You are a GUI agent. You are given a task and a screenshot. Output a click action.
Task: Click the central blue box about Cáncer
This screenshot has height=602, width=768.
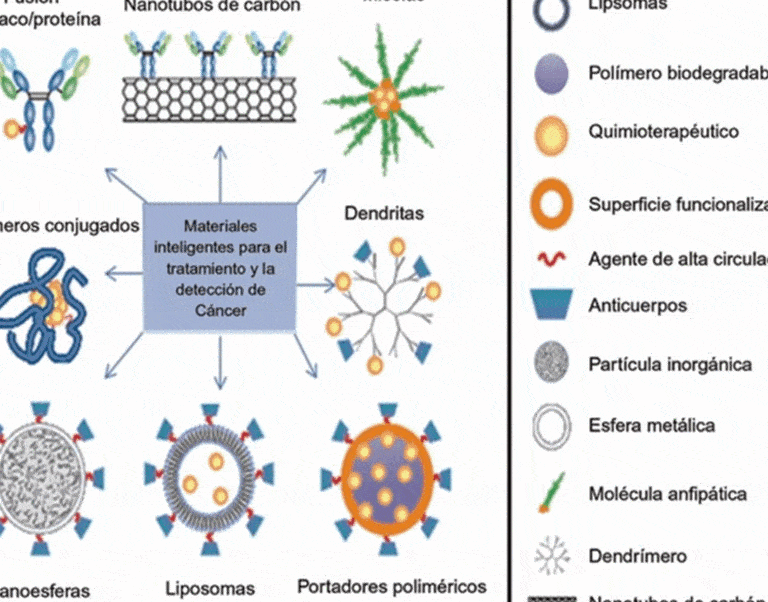coord(220,267)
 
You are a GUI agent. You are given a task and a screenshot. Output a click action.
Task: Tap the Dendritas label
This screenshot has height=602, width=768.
coord(384,213)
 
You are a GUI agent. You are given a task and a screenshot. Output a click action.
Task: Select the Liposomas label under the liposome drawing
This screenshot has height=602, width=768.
coord(210,589)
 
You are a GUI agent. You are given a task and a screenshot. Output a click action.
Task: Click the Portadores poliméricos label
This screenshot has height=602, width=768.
coord(392,587)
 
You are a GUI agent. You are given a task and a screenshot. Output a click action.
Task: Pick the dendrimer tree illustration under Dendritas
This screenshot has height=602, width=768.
coord(382,298)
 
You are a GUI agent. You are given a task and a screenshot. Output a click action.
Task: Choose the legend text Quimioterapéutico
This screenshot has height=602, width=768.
coord(663,131)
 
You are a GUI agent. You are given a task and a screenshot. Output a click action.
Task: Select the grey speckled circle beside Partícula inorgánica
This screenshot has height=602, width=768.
coord(552,364)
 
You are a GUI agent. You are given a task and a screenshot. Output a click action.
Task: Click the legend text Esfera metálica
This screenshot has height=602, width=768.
coord(651,425)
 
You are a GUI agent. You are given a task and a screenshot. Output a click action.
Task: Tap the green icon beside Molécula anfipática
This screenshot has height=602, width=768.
coord(552,493)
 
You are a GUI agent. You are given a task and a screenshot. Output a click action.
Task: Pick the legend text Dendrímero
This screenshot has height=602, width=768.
coord(637,555)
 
